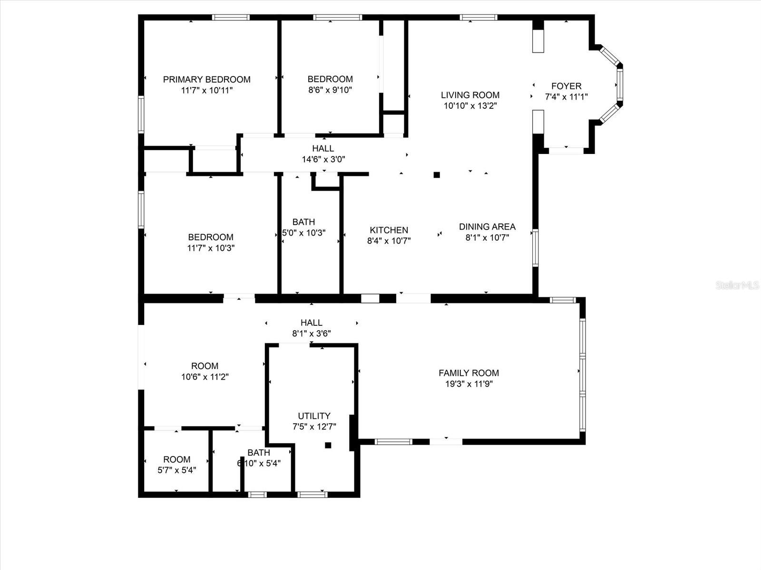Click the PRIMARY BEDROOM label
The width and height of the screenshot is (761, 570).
[206, 79]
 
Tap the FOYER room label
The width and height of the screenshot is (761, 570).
[566, 86]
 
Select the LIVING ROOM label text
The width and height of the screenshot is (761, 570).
[470, 95]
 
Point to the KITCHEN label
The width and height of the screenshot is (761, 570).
[389, 230]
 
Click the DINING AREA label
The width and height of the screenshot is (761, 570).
[487, 227]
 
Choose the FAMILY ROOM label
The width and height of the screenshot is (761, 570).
[468, 373]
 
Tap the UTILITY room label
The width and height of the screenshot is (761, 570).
[314, 416]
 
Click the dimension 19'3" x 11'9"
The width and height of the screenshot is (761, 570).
[468, 384]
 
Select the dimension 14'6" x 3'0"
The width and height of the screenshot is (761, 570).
[323, 159]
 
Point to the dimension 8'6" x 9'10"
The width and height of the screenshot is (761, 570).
[330, 90]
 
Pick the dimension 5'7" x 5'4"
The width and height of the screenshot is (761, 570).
[176, 470]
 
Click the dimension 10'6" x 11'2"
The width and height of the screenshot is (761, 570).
[205, 377]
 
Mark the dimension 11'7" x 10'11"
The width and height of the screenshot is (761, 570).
[206, 90]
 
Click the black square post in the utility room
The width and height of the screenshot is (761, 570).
[328, 445]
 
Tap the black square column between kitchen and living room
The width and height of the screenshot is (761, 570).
[437, 175]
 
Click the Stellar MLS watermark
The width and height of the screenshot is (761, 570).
[737, 285]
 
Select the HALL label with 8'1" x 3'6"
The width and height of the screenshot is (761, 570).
[312, 323]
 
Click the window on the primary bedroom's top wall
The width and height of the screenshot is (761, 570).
[231, 18]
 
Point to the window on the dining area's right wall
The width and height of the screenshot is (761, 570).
[535, 247]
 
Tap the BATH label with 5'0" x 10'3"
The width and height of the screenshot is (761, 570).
[303, 222]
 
